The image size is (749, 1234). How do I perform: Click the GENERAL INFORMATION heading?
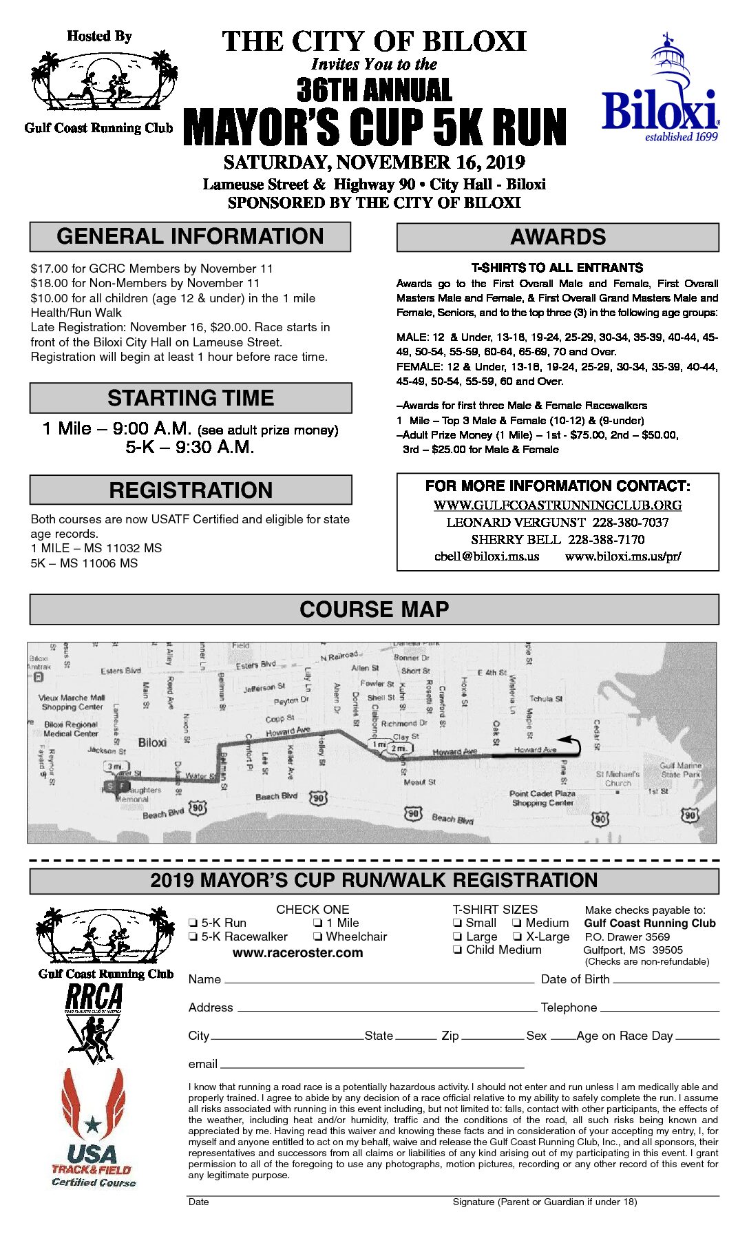(190, 237)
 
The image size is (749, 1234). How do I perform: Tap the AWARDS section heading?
(558, 238)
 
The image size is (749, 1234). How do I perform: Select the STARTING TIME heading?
(191, 398)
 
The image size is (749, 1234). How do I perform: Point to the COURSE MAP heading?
(374, 609)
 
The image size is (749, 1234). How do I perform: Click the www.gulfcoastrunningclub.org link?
(558, 505)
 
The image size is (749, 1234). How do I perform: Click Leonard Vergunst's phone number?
(631, 523)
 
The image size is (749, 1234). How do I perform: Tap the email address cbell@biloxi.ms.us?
(487, 556)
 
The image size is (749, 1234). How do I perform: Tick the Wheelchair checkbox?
(318, 937)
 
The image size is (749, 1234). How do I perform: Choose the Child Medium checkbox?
(457, 950)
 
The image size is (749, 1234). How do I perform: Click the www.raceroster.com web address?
(297, 953)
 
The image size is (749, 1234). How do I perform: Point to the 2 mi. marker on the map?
(399, 748)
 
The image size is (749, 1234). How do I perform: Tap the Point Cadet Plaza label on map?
(542, 798)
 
